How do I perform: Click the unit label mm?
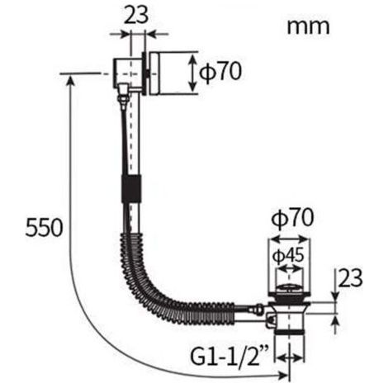pos(308,27)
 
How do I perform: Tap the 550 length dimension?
pos(44,227)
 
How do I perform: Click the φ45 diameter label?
pos(288,256)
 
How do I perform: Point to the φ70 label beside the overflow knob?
pos(220,72)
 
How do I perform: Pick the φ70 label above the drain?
pos(292,219)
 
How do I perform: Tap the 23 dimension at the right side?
pos(350,278)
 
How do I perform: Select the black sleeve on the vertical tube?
pos(131,188)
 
